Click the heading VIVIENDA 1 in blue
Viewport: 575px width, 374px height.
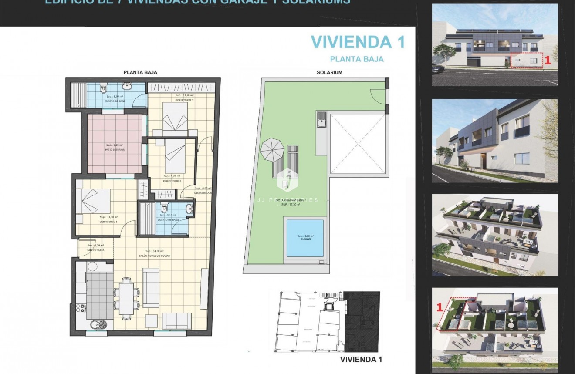pyautogui.click(x=358, y=42)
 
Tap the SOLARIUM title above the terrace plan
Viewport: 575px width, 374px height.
pyautogui.click(x=329, y=72)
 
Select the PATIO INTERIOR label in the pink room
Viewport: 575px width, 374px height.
pyautogui.click(x=115, y=150)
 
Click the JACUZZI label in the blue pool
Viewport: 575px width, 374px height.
pyautogui.click(x=304, y=239)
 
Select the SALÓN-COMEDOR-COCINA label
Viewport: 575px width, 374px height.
pyautogui.click(x=155, y=256)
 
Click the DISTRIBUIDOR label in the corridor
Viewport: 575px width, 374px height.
pyautogui.click(x=203, y=192)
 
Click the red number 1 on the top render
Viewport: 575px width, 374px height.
pyautogui.click(x=548, y=61)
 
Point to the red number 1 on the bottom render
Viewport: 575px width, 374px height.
pyautogui.click(x=440, y=307)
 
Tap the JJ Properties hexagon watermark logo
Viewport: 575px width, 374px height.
pyautogui.click(x=286, y=179)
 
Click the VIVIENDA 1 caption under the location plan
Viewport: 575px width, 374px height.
pyautogui.click(x=361, y=360)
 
